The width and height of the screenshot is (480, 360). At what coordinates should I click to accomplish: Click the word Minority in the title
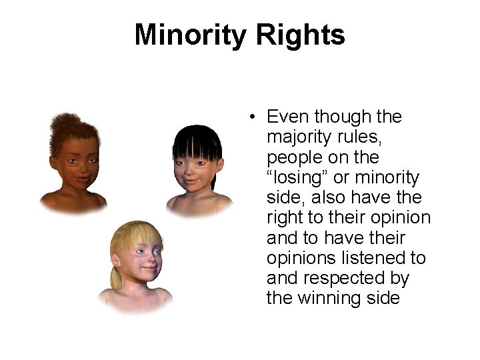pos(188,35)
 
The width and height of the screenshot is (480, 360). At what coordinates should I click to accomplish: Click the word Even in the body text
pos(289,117)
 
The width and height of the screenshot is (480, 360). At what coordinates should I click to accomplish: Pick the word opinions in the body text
pos(302,257)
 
